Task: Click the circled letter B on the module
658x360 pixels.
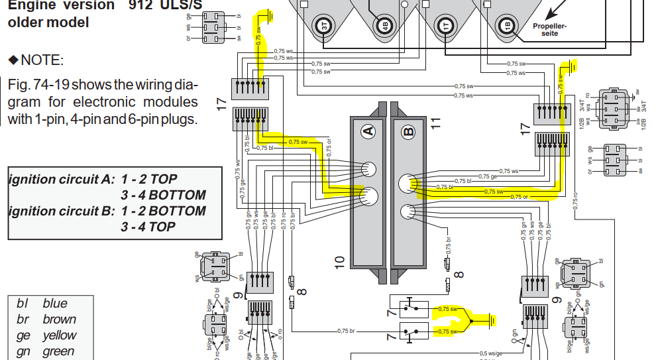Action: coord(408,131)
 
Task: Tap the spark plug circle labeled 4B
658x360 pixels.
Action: coord(385,26)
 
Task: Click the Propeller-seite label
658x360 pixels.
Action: coord(549,30)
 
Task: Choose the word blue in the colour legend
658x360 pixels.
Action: coord(55,304)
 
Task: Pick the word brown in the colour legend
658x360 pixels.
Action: coord(59,320)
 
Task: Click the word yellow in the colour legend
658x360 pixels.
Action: coord(60,335)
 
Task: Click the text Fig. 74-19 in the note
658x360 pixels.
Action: coord(37,86)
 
